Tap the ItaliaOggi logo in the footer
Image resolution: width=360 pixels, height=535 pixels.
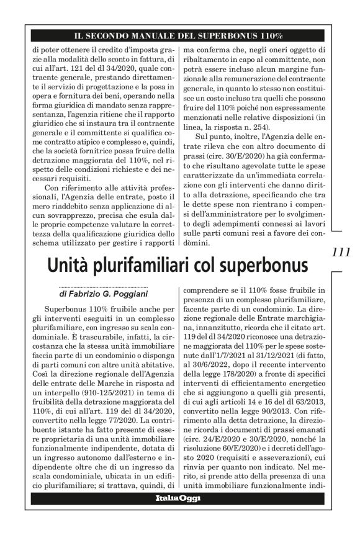[178, 498]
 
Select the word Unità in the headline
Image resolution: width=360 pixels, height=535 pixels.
[67, 265]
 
